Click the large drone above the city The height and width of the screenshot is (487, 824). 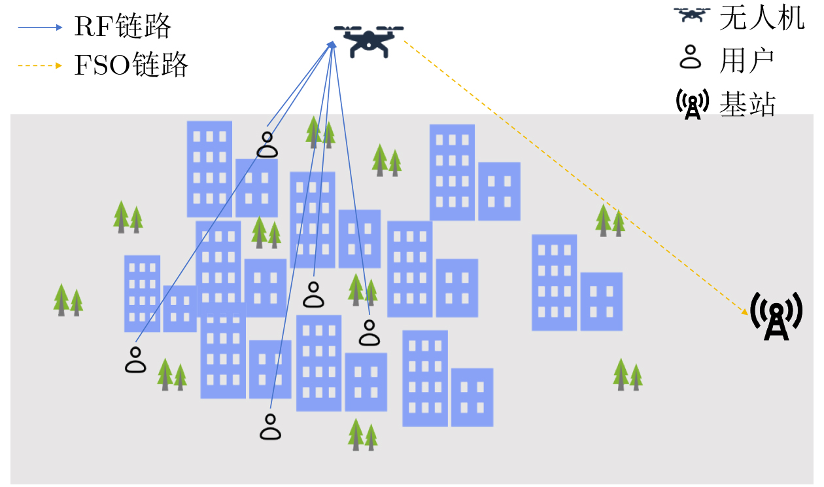pyautogui.click(x=369, y=41)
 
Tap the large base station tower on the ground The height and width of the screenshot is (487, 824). pyautogui.click(x=776, y=316)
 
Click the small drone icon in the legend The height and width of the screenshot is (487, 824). pyautogui.click(x=692, y=14)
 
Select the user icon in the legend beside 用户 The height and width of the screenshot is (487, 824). pyautogui.click(x=690, y=57)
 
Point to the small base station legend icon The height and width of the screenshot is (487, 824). pyautogui.click(x=693, y=104)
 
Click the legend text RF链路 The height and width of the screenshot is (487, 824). pyautogui.click(x=123, y=26)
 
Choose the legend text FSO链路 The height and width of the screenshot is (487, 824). pyautogui.click(x=131, y=65)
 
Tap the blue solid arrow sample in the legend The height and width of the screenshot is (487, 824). pyautogui.click(x=40, y=27)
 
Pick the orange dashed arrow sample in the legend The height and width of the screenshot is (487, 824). pyautogui.click(x=40, y=65)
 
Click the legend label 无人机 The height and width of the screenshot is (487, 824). pyautogui.click(x=762, y=18)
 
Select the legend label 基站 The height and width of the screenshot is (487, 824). pyautogui.click(x=747, y=104)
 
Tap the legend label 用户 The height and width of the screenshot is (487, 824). pyautogui.click(x=746, y=61)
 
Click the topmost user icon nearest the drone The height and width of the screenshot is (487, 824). pyautogui.click(x=267, y=145)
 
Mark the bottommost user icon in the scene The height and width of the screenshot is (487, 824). pyautogui.click(x=270, y=427)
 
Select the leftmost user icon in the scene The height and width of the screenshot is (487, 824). pyautogui.click(x=135, y=360)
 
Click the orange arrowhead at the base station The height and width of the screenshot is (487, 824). pyautogui.click(x=744, y=312)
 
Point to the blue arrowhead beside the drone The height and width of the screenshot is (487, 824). pyautogui.click(x=332, y=45)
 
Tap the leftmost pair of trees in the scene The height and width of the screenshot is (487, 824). pyautogui.click(x=68, y=300)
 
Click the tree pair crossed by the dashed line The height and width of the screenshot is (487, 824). pyautogui.click(x=610, y=221)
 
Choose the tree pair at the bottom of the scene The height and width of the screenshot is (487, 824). pyautogui.click(x=363, y=435)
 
